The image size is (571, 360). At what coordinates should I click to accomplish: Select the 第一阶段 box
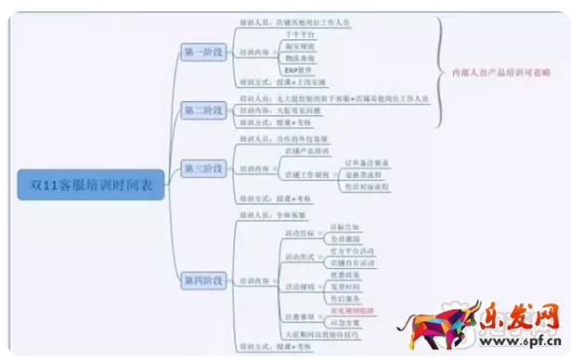coord(203,51)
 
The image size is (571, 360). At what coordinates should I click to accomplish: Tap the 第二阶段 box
coord(203,109)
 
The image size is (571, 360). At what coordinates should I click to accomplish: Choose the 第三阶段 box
coord(203,168)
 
